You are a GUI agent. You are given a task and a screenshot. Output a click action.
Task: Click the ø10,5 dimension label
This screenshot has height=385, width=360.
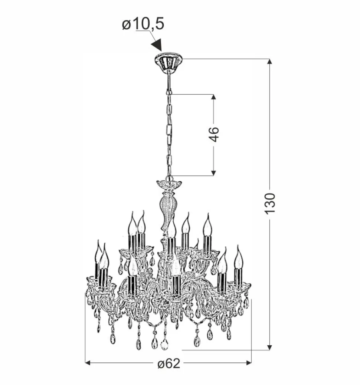click(x=143, y=24)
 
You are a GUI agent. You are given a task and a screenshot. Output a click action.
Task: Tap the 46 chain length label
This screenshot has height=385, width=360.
click(x=214, y=134)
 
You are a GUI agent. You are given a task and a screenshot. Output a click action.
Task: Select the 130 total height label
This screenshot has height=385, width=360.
click(x=270, y=204)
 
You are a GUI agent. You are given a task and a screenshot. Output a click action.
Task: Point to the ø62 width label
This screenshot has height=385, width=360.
click(x=168, y=363)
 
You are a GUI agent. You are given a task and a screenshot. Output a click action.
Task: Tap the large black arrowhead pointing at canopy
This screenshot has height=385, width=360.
click(x=157, y=45)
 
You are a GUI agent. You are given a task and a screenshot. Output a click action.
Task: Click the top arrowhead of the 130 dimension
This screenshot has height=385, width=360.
click(x=269, y=61)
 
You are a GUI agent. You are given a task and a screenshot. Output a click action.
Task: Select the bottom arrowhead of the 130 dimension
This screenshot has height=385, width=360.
click(x=269, y=347)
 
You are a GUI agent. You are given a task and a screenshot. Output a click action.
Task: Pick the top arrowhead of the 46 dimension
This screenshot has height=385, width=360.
click(x=213, y=97)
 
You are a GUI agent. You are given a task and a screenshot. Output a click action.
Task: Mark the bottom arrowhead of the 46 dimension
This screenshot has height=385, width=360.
click(x=213, y=173)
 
